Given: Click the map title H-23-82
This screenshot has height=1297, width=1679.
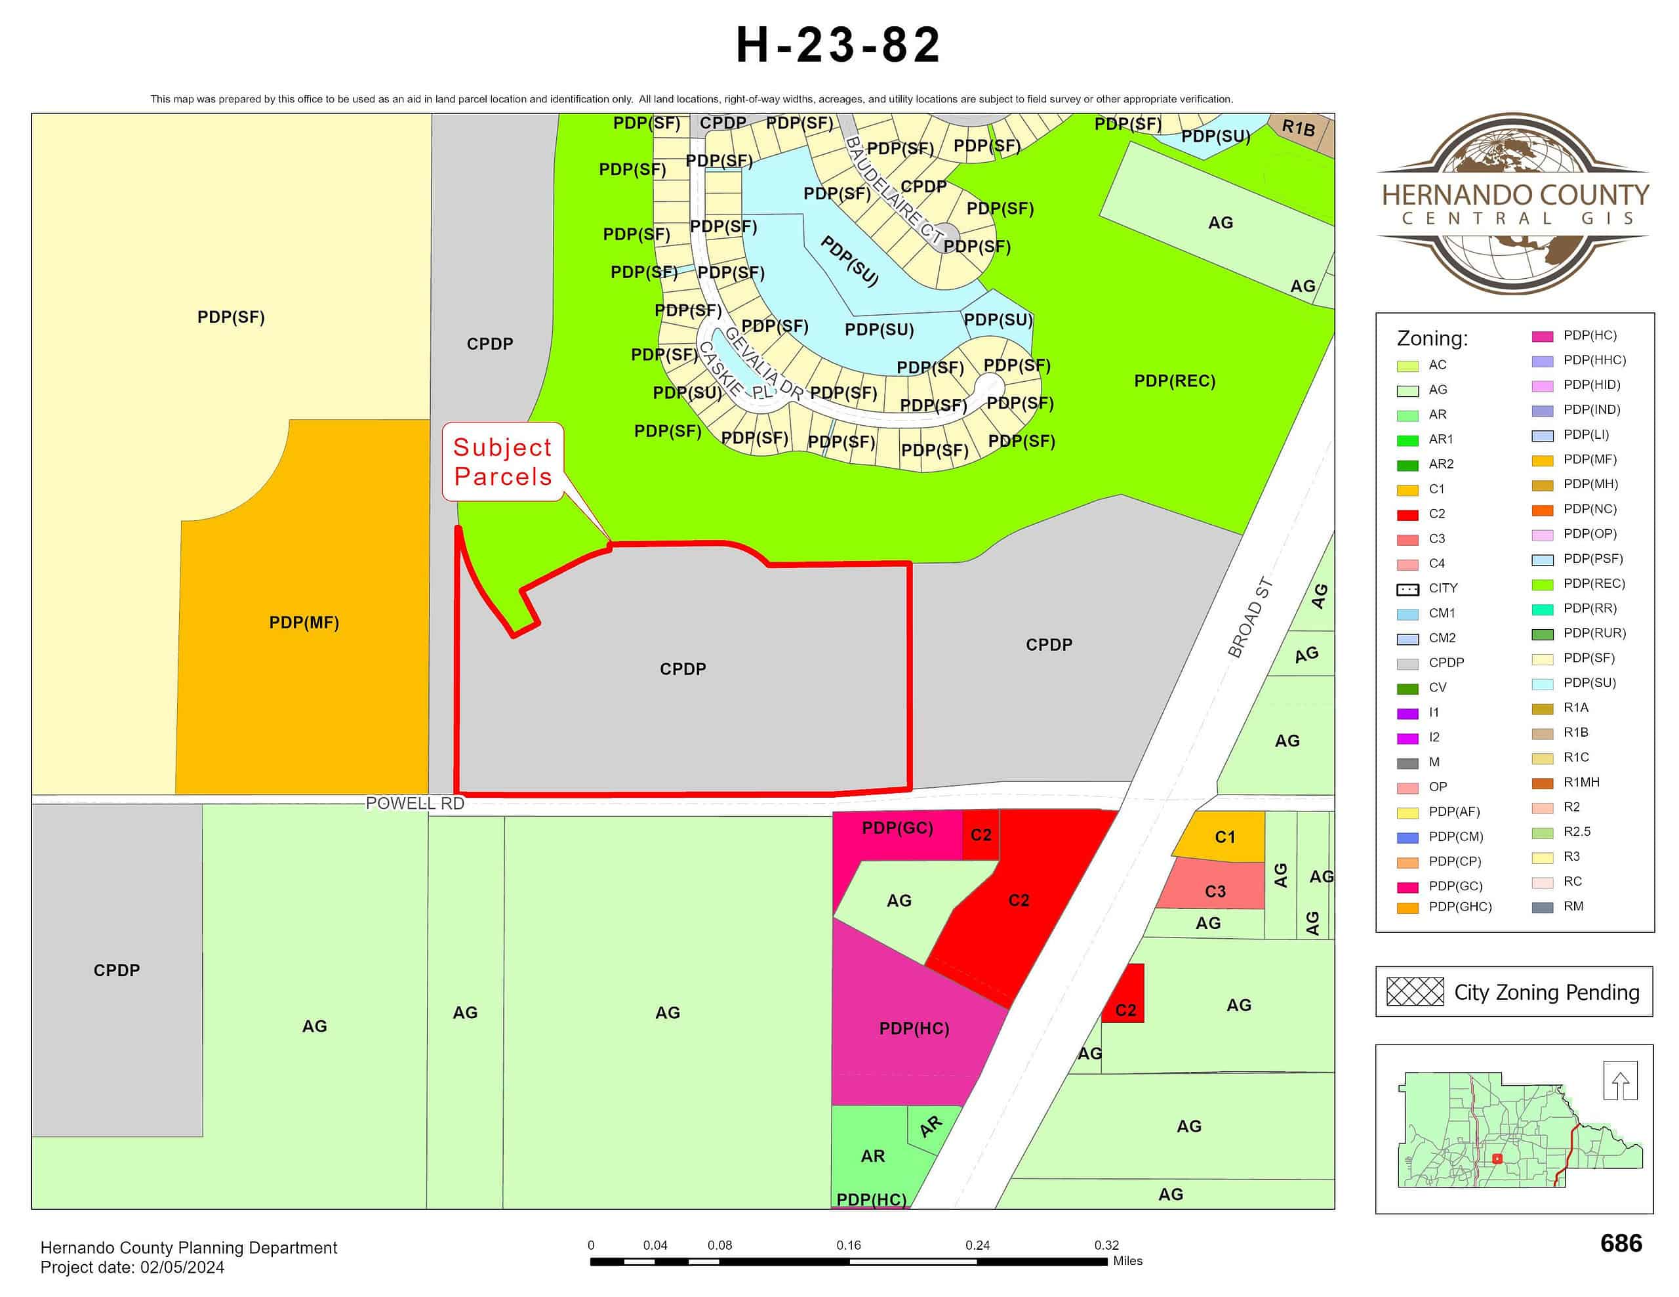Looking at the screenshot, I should point(838,45).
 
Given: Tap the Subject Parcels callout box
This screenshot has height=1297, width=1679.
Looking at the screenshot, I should point(503,462).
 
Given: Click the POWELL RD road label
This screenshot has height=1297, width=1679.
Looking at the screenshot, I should point(415,804).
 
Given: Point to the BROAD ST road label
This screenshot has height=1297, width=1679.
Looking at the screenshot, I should point(1250,618).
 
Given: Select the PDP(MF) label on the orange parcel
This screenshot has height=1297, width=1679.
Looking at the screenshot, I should point(304,623).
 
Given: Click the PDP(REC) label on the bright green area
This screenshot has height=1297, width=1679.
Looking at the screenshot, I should point(1174,381).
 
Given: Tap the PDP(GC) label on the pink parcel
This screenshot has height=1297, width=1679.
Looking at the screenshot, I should point(897,828).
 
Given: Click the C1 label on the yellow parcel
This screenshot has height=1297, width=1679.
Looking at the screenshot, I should point(1224,837).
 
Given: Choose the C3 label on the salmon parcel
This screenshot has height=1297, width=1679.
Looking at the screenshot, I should point(1215,891).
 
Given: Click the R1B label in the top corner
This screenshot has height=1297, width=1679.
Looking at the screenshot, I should point(1299,128).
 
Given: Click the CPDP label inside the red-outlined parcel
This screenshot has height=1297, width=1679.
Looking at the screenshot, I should point(683,669).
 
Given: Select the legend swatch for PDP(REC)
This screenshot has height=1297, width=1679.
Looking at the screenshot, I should point(1542,585).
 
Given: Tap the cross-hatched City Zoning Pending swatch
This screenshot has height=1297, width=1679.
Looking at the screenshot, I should point(1415,992).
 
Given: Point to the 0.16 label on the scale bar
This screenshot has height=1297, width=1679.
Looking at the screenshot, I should point(848,1245).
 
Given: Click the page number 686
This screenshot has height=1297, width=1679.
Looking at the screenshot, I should point(1621,1243).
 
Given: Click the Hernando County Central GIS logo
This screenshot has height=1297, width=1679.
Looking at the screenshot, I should point(1512,204).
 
